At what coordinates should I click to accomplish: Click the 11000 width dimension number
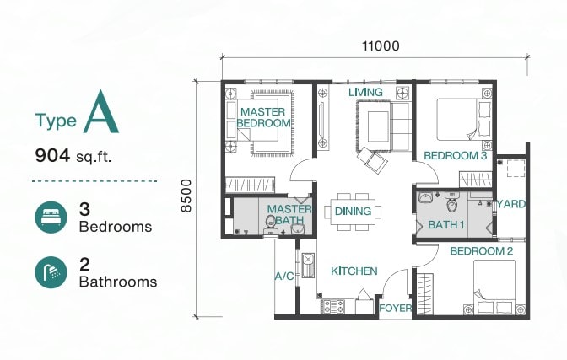pos(381,46)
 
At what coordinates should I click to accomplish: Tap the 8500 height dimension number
pos(186,196)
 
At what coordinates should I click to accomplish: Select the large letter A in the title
pos(101,112)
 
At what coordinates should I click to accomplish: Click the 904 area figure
pos(52,155)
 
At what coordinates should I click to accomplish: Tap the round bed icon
pos(51,218)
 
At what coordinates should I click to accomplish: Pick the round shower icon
pos(51,272)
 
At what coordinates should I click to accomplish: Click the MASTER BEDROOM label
pos(263,117)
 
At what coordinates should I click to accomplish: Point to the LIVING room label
pos(365,92)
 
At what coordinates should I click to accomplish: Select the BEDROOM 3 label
pos(456,156)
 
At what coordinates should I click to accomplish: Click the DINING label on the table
pos(353,211)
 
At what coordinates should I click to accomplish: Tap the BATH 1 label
pos(445,225)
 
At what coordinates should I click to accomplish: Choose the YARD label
pos(511,204)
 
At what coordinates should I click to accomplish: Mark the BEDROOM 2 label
pos(481,251)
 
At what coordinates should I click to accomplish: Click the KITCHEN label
pos(354,271)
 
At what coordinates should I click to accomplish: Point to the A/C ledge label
pos(284,277)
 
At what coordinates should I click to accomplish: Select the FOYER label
pos(395,309)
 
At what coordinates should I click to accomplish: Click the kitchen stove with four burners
pos(332,307)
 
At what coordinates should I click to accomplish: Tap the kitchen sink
pos(308,266)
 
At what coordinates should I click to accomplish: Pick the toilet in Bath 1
pos(452,202)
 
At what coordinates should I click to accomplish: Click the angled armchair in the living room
pos(372,160)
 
